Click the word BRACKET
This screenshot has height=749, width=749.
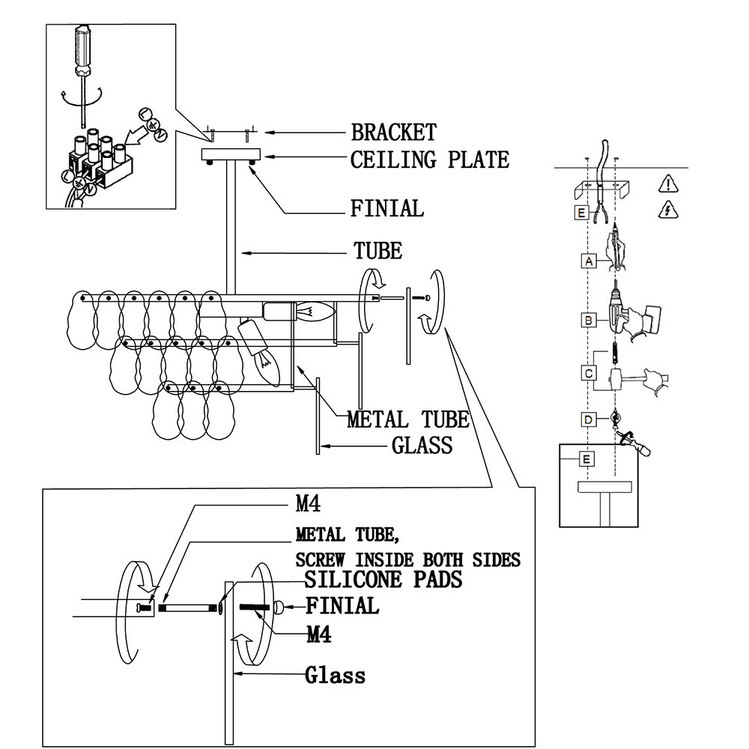tap(393, 133)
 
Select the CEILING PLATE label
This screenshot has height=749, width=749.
tap(429, 160)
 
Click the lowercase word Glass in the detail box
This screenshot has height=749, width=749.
tap(336, 676)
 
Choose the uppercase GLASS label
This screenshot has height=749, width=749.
tap(422, 446)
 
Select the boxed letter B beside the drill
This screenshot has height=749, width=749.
tap(589, 320)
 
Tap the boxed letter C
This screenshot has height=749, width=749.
tap(589, 373)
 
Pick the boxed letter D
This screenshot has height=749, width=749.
tap(589, 419)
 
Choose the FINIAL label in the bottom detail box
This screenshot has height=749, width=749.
tap(342, 605)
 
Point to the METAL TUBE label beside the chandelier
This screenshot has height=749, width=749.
tap(407, 419)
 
